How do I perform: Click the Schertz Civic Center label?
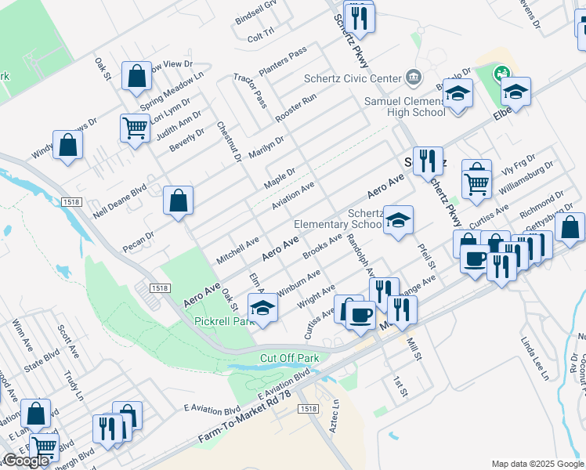click(353, 78)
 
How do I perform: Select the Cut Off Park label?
click(290, 358)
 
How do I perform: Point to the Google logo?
click(26, 461)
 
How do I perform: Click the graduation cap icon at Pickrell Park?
click(262, 306)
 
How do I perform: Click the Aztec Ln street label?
click(338, 414)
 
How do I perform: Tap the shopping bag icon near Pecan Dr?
click(179, 200)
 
